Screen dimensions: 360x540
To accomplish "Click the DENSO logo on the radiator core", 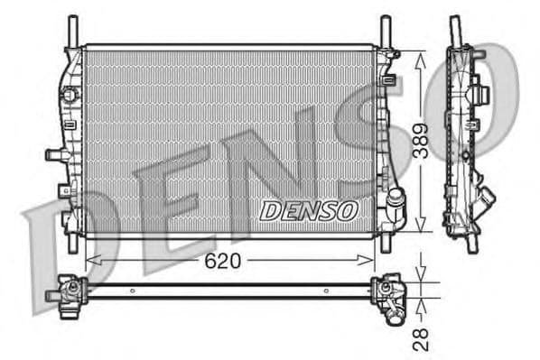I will [x=309, y=209].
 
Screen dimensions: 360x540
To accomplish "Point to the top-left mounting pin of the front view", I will [x=70, y=30].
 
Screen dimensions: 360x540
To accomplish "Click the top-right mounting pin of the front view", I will [x=386, y=30].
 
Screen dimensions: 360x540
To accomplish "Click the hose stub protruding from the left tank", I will [x=53, y=154].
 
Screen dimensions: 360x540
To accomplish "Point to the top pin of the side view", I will [x=455, y=27].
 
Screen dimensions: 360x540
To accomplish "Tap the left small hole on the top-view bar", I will [x=132, y=291].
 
